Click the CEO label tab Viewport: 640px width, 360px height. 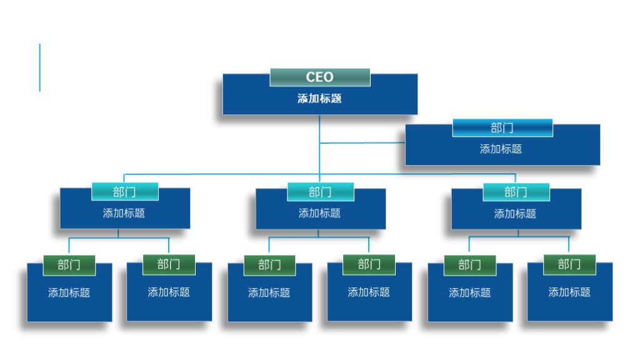[319, 77]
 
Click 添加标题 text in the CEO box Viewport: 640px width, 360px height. [319, 99]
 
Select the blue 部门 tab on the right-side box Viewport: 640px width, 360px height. [502, 128]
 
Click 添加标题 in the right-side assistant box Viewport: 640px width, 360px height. [501, 149]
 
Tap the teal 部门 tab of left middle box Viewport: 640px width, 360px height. [124, 192]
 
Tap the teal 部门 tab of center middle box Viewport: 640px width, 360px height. [320, 192]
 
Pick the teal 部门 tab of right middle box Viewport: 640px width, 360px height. [516, 192]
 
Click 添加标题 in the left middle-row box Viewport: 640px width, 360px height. [124, 213]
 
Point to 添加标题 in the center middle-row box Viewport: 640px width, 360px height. [319, 213]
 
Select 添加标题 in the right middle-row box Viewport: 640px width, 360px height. [515, 214]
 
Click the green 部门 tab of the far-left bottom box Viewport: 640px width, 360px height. [69, 265]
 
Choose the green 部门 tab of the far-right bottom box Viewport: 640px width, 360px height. [569, 264]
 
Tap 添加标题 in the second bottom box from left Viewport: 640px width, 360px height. [169, 292]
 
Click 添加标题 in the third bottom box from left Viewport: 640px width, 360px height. [269, 292]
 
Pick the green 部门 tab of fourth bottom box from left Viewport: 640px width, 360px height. [369, 264]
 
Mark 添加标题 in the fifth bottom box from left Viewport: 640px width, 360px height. [469, 292]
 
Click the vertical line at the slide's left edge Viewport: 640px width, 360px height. [40, 67]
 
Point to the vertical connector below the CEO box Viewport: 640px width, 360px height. [319, 129]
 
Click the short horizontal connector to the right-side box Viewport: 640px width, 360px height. [362, 143]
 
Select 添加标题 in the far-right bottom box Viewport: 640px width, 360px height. [569, 292]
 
